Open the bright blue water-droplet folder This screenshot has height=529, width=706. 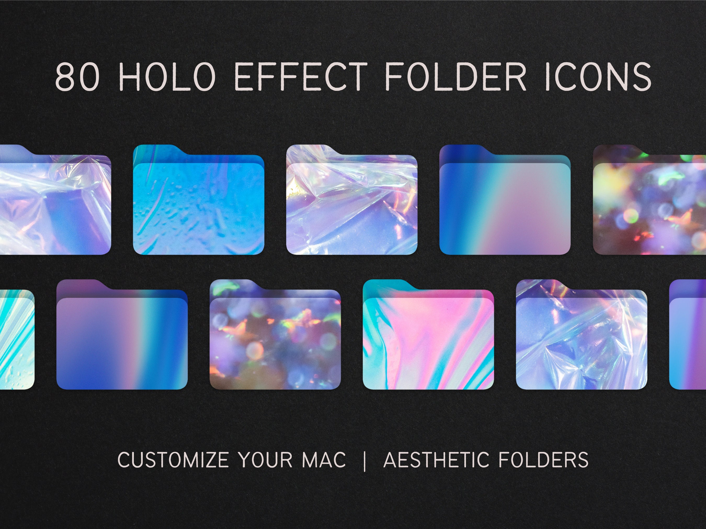point(198,209)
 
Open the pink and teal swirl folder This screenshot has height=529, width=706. point(428,344)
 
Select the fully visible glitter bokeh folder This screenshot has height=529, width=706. point(275,344)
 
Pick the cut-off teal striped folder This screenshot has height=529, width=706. point(16,344)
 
